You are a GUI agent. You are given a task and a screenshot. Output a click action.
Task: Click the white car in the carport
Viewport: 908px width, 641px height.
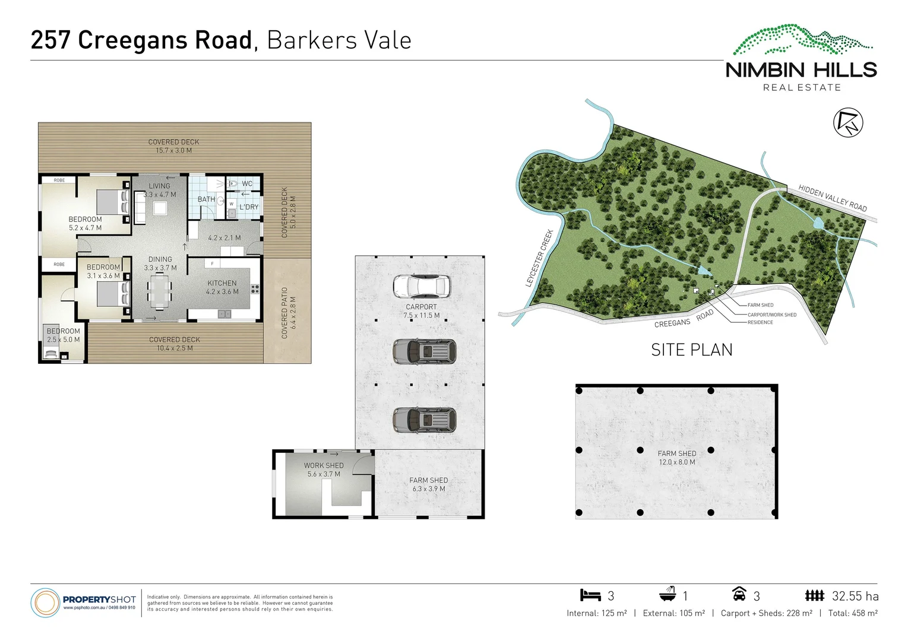(x=421, y=285)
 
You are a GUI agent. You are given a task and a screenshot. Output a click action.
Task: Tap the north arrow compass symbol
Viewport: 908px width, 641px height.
(x=848, y=123)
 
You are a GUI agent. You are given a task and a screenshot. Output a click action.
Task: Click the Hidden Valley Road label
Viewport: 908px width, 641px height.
(x=832, y=198)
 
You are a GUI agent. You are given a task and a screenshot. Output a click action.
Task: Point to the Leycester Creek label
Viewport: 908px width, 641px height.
(x=539, y=258)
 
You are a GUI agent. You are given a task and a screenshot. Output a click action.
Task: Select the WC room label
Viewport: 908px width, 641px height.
(x=247, y=183)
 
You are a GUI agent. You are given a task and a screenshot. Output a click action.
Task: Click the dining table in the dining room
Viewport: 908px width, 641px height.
(x=159, y=292)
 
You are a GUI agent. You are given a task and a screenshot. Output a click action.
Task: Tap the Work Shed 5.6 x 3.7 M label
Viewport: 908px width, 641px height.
(x=324, y=470)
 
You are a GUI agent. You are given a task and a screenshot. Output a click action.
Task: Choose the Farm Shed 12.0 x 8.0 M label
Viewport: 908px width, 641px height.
(x=677, y=458)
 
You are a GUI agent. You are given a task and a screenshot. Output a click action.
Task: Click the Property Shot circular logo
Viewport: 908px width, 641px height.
(x=45, y=602)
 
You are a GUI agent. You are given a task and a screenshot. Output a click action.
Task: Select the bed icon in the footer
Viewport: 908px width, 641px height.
(x=590, y=595)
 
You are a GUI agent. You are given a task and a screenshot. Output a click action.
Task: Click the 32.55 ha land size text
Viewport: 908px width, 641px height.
(x=855, y=596)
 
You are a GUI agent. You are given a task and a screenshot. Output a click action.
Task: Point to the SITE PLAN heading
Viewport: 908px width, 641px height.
(x=692, y=350)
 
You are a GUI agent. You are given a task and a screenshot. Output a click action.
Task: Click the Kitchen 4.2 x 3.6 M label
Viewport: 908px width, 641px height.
(x=222, y=287)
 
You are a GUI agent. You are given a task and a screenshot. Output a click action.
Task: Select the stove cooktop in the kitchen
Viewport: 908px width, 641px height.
(x=255, y=289)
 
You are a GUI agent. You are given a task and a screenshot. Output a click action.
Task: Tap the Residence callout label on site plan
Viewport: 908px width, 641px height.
(x=760, y=322)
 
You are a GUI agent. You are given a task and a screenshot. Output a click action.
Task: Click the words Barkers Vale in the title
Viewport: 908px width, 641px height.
(x=339, y=40)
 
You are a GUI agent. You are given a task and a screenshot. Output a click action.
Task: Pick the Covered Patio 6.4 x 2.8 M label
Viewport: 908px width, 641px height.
(x=289, y=313)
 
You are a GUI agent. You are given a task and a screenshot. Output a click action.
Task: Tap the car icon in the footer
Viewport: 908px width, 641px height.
(x=739, y=594)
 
